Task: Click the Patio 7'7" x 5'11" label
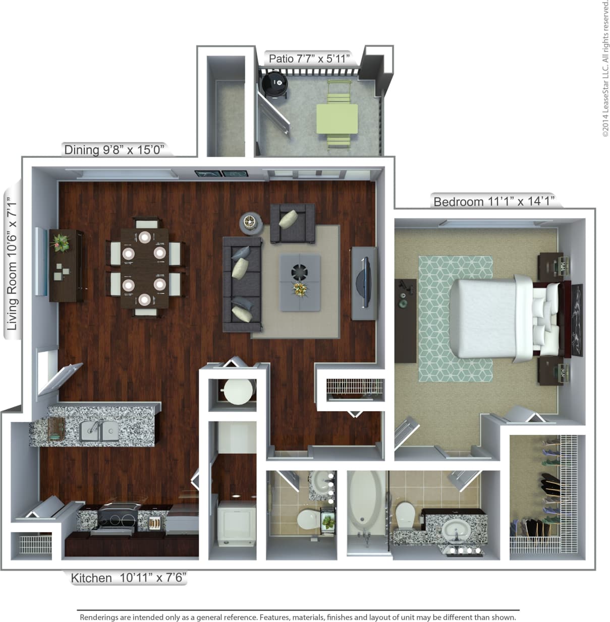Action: click(x=309, y=58)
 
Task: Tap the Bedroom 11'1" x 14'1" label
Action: click(x=493, y=202)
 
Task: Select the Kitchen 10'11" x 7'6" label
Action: click(x=129, y=578)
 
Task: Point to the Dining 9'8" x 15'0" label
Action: click(x=115, y=150)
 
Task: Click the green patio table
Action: click(x=337, y=118)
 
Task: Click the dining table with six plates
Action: click(x=145, y=267)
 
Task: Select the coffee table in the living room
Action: click(x=301, y=282)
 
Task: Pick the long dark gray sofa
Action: click(x=242, y=285)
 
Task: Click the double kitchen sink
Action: click(x=99, y=430)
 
